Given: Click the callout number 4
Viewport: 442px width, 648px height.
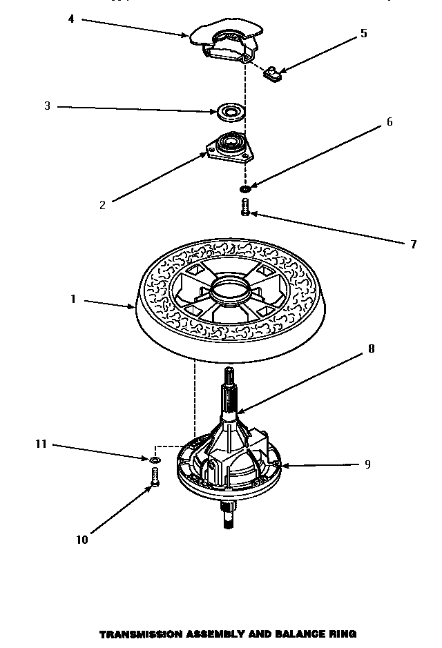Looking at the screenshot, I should click(x=71, y=19).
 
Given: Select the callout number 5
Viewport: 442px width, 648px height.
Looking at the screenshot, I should click(x=363, y=34).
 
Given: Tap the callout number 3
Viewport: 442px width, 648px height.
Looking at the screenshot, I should click(x=47, y=106).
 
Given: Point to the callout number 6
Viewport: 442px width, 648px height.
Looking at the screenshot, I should click(x=389, y=122).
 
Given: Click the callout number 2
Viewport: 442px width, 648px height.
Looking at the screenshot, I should click(x=102, y=204).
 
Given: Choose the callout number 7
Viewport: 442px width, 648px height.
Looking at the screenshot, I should click(x=413, y=244).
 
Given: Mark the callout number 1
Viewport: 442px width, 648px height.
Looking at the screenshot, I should click(x=72, y=300).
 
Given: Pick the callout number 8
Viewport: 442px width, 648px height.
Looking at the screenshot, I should click(x=371, y=348).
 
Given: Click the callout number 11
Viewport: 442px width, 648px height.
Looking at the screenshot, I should click(x=41, y=444).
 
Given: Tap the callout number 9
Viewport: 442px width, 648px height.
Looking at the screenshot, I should click(x=367, y=464).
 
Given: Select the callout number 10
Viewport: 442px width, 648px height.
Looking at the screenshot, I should click(x=82, y=540).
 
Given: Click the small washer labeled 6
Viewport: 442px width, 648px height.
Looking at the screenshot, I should click(x=245, y=188).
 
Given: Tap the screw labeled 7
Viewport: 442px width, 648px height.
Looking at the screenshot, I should click(x=245, y=206).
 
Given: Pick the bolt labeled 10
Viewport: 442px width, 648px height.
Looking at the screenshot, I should click(x=155, y=477).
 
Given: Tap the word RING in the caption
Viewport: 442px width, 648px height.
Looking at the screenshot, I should click(x=343, y=633).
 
